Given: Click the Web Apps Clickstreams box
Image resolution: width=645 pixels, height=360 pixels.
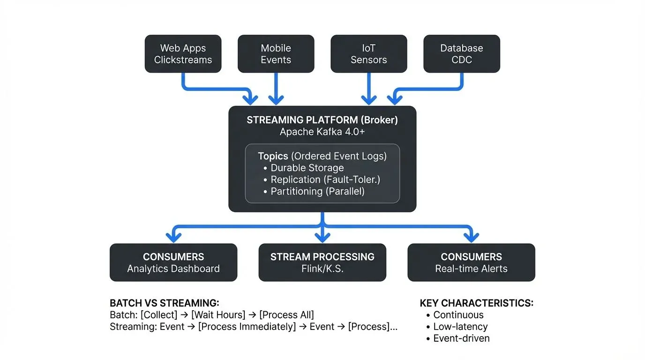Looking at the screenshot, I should [x=183, y=54].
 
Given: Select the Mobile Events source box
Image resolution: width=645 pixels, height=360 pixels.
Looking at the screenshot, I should [x=276, y=54].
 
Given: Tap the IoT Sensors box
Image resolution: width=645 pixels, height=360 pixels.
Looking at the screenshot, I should [x=368, y=54].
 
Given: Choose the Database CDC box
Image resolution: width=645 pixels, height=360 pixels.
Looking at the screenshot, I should [x=461, y=54].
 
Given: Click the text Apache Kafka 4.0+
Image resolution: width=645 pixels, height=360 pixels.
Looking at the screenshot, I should [x=322, y=132].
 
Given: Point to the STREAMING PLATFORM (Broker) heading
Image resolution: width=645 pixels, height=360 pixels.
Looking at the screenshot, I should [x=322, y=120].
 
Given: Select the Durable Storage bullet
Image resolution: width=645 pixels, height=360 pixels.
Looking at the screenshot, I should [x=307, y=168].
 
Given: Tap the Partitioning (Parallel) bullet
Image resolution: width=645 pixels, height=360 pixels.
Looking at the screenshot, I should [x=317, y=191].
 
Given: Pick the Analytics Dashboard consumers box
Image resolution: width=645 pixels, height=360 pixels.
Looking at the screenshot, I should [x=173, y=262].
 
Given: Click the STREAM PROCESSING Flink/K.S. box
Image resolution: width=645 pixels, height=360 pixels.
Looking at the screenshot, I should [x=322, y=262].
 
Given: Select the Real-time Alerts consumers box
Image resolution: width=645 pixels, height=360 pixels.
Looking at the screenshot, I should [x=471, y=262].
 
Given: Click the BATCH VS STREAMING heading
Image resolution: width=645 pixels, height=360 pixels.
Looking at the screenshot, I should [x=165, y=303].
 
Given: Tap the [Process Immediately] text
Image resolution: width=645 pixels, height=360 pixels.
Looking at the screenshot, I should [x=247, y=327].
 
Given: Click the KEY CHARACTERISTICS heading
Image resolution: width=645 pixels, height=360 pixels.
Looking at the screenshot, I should [x=476, y=303].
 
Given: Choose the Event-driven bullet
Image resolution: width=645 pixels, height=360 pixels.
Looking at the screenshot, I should [x=461, y=338].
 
